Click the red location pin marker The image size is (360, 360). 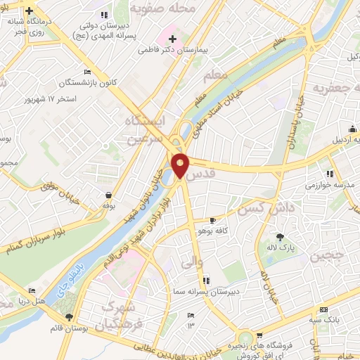point(180,165)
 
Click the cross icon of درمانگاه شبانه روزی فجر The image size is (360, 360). point(29,12)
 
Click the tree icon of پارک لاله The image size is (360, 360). point(280,237)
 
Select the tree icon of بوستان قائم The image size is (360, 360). point(68,317)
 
